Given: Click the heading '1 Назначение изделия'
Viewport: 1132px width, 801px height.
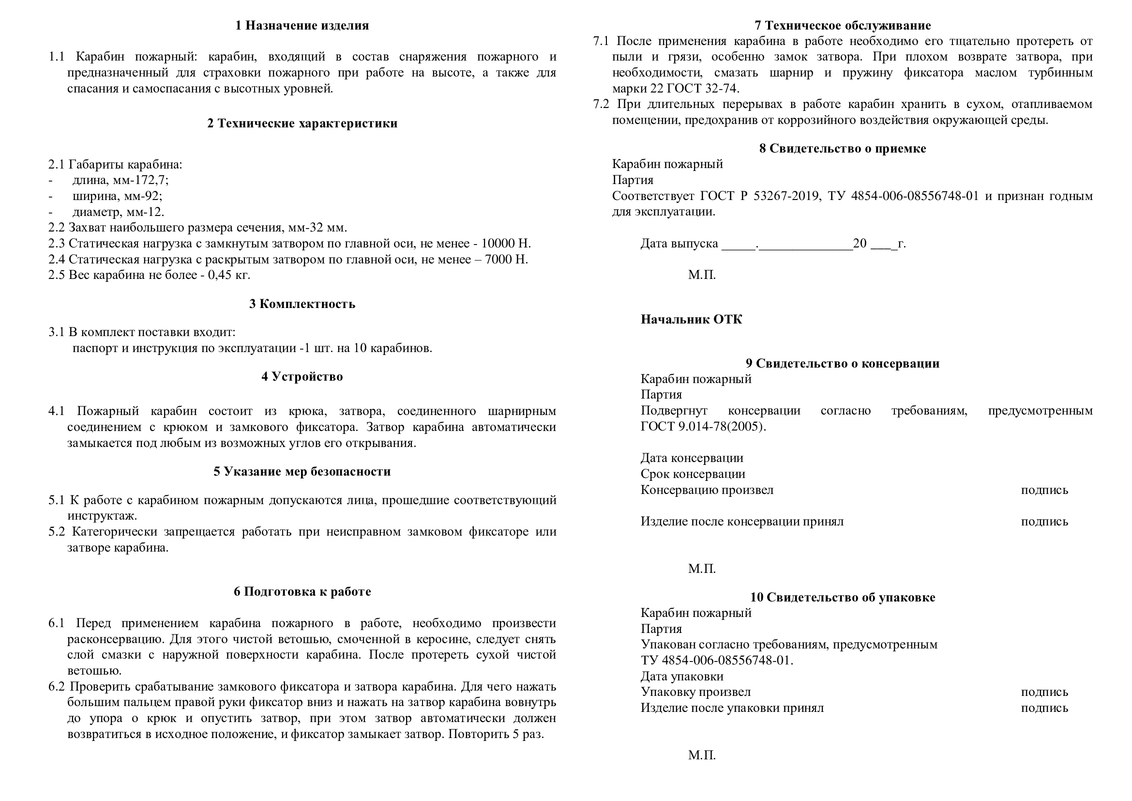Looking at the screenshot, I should point(302,26).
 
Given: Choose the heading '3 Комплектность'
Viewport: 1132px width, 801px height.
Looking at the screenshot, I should point(302,304).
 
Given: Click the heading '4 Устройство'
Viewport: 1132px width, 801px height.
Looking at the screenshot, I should point(302,377).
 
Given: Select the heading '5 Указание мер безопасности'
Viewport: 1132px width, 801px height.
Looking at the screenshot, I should point(302,472).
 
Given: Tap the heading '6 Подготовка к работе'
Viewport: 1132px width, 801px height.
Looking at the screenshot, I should point(302,592).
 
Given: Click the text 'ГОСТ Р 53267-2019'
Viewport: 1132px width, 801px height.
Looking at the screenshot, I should point(760,196).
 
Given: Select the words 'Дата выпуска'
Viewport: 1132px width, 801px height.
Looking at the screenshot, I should point(679,244).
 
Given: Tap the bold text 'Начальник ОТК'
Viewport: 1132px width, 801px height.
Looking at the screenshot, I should point(691,320).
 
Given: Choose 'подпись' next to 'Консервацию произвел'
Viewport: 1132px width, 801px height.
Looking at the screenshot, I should point(1044,490).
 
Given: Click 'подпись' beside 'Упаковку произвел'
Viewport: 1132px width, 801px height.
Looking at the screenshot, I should point(1044,693).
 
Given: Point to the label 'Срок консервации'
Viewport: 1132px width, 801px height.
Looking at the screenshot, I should point(692,475).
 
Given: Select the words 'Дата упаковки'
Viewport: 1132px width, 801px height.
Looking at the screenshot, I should point(681,677).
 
